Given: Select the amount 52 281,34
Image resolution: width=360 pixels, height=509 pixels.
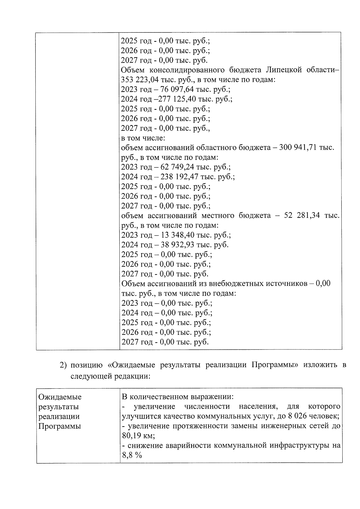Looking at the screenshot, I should coord(302,216).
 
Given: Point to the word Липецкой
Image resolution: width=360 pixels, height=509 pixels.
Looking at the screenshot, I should coord(283,70).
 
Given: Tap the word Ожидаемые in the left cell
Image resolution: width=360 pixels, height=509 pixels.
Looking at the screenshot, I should coord(60,397).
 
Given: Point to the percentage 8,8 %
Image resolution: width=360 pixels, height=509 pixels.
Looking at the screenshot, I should coord(131,455).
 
